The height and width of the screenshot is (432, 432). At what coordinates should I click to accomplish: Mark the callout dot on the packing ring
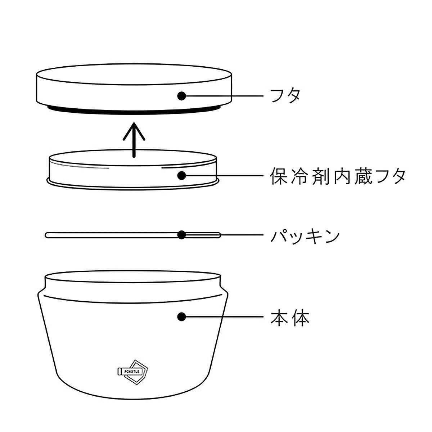click(x=182, y=235)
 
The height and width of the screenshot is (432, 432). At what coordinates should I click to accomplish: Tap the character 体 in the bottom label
click(x=300, y=317)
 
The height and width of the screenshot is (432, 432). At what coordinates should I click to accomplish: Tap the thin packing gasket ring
click(x=108, y=235)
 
